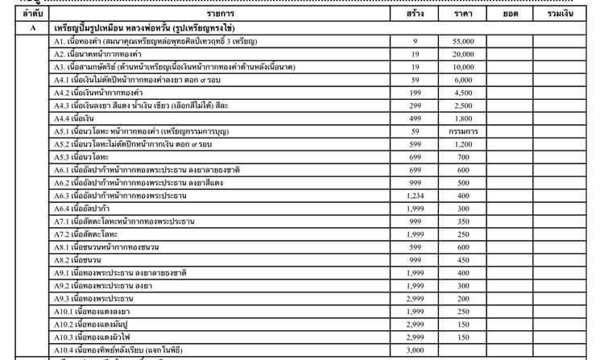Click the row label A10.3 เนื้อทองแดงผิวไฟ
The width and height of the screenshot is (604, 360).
(x=93, y=337)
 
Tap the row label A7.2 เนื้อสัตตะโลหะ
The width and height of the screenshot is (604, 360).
(x=88, y=234)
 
